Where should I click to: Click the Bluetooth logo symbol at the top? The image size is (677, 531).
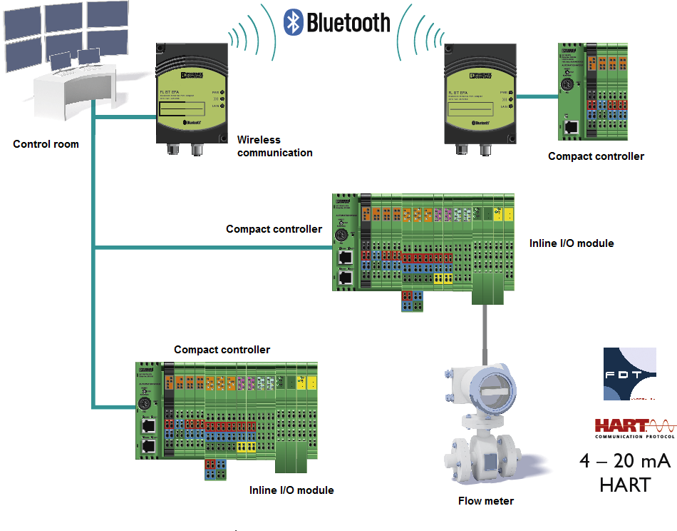[x=293, y=21]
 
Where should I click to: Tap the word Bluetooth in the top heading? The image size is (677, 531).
[x=348, y=22]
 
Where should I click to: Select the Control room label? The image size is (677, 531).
[x=46, y=144]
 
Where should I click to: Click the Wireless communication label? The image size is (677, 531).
[x=274, y=146]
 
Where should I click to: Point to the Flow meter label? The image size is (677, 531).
[x=485, y=501]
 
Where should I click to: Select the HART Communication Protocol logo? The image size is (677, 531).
[x=635, y=427]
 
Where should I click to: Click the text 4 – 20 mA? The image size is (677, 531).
[x=624, y=461]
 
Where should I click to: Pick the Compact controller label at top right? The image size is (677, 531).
[x=596, y=156]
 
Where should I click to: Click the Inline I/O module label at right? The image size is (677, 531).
[x=572, y=243]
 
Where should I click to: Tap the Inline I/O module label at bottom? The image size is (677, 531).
[x=291, y=490]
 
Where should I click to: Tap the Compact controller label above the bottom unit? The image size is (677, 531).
[x=222, y=350]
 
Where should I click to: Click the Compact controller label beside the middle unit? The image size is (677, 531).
[x=274, y=229]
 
